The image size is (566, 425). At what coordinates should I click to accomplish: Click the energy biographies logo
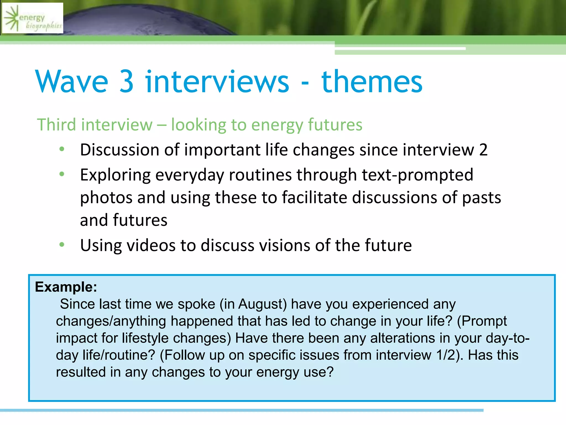click(x=33, y=18)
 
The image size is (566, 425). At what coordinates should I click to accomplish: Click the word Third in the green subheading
click(x=56, y=125)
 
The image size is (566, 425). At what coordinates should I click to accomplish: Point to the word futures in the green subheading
click(x=335, y=125)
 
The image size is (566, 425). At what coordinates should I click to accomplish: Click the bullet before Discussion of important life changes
click(x=62, y=149)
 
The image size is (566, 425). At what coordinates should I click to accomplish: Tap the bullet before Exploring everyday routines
click(x=62, y=174)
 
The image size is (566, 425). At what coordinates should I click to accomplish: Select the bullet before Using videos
click(x=62, y=245)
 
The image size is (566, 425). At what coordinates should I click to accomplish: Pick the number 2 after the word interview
click(x=483, y=150)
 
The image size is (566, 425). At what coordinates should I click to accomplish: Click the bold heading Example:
click(x=66, y=287)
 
